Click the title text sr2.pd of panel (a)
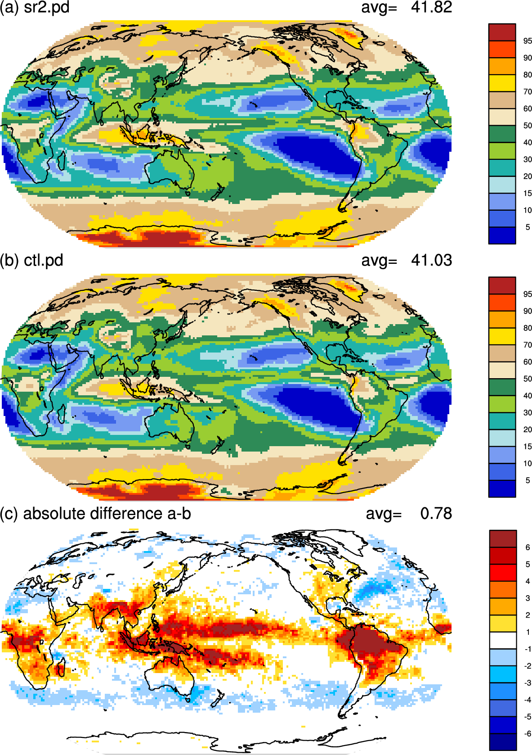click(x=47, y=7)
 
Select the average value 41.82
click(x=431, y=7)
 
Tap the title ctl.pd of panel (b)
click(x=44, y=260)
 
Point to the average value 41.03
click(x=431, y=260)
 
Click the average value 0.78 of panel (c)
click(x=436, y=513)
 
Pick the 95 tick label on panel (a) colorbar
click(x=528, y=41)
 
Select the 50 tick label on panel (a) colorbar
click(x=528, y=126)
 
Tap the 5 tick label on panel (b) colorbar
click(x=528, y=480)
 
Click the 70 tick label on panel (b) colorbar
click(x=528, y=345)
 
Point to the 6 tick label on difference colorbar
click(x=528, y=547)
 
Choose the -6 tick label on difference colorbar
click(x=527, y=733)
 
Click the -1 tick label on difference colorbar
click(x=527, y=649)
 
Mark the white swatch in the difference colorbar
click(x=503, y=640)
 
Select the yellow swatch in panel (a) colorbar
click(x=502, y=83)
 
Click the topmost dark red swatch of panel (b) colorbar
click(x=502, y=285)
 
